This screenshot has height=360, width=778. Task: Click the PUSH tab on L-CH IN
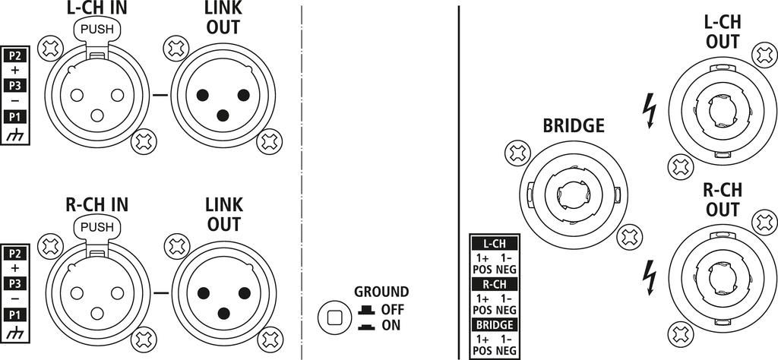[96, 30]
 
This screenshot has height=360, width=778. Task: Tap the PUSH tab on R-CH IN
[96, 228]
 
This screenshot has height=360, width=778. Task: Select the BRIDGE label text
[574, 126]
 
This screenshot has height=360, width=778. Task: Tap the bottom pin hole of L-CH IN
[96, 115]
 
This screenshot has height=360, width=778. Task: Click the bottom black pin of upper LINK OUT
[223, 115]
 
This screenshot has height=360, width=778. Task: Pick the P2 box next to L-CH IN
[15, 55]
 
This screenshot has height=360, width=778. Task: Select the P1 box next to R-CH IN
[15, 314]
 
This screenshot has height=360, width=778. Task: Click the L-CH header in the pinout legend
[494, 244]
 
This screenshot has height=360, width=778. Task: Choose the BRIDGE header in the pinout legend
[494, 325]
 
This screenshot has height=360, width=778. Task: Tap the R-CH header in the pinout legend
[494, 284]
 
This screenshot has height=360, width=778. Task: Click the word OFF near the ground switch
[393, 310]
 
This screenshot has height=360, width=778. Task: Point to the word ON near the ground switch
[391, 326]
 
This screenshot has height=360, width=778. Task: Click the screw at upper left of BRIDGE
[517, 153]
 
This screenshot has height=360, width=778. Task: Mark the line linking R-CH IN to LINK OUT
[161, 293]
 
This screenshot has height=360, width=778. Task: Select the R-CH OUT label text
[723, 199]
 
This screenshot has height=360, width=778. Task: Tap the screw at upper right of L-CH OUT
[764, 55]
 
